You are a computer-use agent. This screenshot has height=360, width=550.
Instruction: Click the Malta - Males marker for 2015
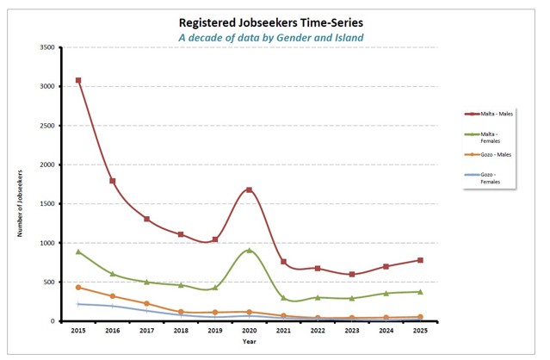coord(78,80)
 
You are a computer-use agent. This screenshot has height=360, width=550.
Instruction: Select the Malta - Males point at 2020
coord(250,189)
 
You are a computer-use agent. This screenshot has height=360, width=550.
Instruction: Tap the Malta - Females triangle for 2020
coord(250,250)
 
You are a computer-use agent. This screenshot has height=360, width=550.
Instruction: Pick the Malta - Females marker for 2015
coord(78,251)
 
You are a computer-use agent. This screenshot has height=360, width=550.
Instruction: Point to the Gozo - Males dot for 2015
coord(78,288)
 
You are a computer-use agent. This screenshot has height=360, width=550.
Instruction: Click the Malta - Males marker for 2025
coord(420,260)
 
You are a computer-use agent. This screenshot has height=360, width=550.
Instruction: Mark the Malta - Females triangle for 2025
coord(420,292)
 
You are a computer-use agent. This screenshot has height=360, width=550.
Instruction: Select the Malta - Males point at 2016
coord(113,181)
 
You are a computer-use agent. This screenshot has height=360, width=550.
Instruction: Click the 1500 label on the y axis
coord(48,204)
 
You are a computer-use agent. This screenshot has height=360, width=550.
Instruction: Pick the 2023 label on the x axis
coord(352,330)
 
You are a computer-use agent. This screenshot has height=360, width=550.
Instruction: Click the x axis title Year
coord(249,342)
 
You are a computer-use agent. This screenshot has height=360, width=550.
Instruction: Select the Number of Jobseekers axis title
coord(20,184)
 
